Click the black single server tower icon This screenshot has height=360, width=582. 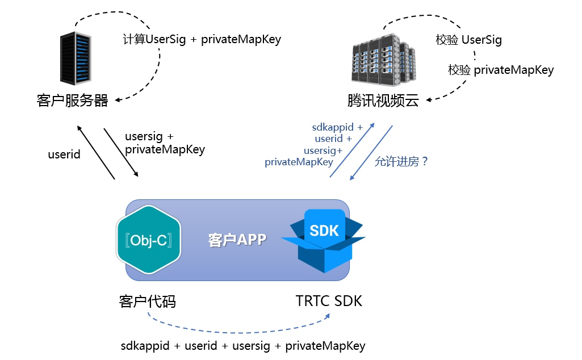pos(76,58)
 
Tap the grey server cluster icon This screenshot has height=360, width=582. pos(384,60)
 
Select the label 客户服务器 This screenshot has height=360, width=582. pos(72,101)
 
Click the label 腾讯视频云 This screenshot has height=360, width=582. pos(383,101)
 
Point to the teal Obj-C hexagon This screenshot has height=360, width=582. pos(148,240)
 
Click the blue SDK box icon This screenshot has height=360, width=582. pos(323,241)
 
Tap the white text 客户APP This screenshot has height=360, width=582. pos(237,240)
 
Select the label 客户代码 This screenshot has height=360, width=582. pos(148,302)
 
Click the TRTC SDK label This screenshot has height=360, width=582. pos(329,301)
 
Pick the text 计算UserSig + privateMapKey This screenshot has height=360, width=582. pos(202,39)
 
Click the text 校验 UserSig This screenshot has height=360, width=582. pos(468,40)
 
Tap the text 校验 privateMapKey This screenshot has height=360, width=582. pos(501,70)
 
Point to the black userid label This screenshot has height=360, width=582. pos(64,154)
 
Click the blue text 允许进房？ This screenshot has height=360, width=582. pos(401,161)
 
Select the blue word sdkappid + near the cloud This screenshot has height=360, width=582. pos(337,127)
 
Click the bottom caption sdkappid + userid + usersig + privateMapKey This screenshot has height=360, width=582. pos(243,346)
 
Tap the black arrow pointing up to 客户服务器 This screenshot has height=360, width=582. pos(96,152)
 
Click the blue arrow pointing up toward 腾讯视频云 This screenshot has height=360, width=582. pos(352,150)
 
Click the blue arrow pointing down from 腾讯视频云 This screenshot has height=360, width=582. pos(371,153)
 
